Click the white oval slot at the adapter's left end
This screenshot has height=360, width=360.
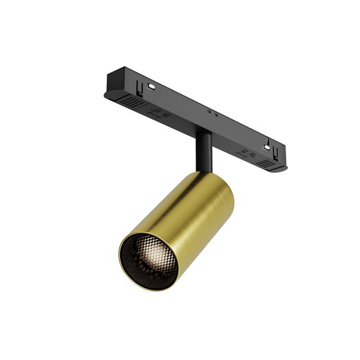[152, 85]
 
